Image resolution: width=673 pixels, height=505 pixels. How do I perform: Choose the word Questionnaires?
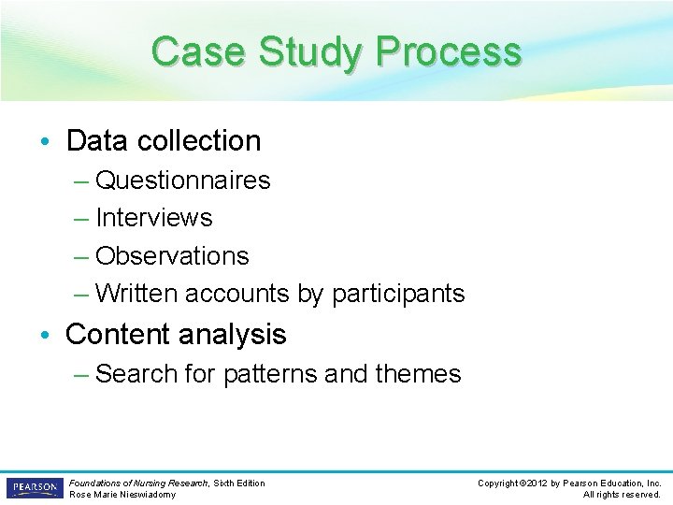pos(183,180)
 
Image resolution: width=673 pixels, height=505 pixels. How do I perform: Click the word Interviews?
pos(154,218)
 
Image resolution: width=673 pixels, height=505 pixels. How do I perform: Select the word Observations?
pos(172,255)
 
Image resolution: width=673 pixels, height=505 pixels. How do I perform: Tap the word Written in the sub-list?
pos(137,294)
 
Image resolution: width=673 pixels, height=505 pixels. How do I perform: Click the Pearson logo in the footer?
pos(34,488)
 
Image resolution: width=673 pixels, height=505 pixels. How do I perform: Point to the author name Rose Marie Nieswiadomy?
pos(122,494)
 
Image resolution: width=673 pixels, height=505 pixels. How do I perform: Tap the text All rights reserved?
pos(622,495)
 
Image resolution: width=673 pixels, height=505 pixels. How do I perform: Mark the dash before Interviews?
pos(81,218)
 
